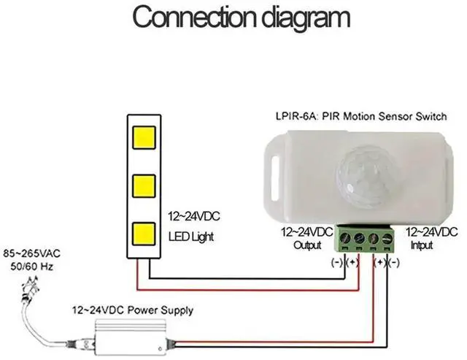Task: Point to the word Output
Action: point(306,246)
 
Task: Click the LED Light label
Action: point(193,237)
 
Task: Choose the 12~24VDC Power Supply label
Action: point(132,311)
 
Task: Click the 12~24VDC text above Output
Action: point(307,232)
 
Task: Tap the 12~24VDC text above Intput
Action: point(431,232)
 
